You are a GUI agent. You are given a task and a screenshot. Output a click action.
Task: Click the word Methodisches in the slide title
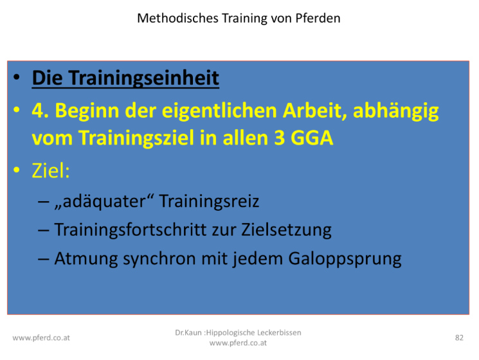pyautogui.click(x=177, y=18)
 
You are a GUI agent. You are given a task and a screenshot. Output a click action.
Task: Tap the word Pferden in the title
pyautogui.click(x=318, y=18)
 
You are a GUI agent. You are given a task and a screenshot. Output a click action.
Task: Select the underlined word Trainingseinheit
pyautogui.click(x=143, y=78)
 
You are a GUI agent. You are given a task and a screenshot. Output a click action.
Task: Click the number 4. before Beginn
pyautogui.click(x=40, y=111)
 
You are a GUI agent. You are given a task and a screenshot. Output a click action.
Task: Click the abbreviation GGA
pyautogui.click(x=311, y=138)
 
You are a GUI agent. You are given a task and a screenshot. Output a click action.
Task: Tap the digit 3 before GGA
pyautogui.click(x=279, y=138)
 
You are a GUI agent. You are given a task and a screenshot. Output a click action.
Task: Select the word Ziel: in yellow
pyautogui.click(x=51, y=170)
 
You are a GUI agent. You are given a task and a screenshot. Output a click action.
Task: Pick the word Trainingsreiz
pyautogui.click(x=209, y=201)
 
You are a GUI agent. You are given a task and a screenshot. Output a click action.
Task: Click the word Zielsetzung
pyautogui.click(x=286, y=230)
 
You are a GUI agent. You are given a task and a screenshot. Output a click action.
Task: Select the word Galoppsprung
pyautogui.click(x=345, y=260)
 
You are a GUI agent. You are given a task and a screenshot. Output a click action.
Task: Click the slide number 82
pyautogui.click(x=459, y=337)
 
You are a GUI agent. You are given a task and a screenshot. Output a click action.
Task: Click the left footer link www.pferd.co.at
pyautogui.click(x=41, y=338)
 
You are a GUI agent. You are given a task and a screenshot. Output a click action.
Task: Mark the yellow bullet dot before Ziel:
pyautogui.click(x=17, y=170)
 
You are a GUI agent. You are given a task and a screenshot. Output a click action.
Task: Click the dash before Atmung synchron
pyautogui.click(x=43, y=260)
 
